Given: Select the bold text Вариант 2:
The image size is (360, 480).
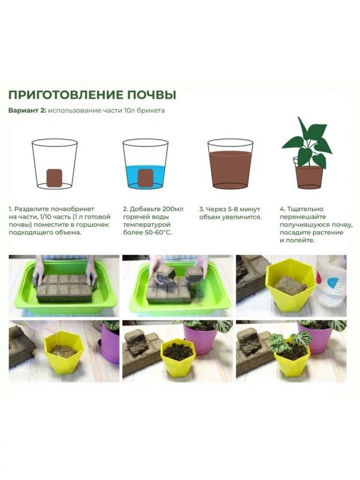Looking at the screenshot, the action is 27,111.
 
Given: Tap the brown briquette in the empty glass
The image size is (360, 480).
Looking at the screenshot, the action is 54,178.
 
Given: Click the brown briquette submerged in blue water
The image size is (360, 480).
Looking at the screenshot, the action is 145,178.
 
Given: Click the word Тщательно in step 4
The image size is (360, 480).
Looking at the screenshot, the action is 306,209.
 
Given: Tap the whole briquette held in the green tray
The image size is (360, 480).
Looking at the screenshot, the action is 65,288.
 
